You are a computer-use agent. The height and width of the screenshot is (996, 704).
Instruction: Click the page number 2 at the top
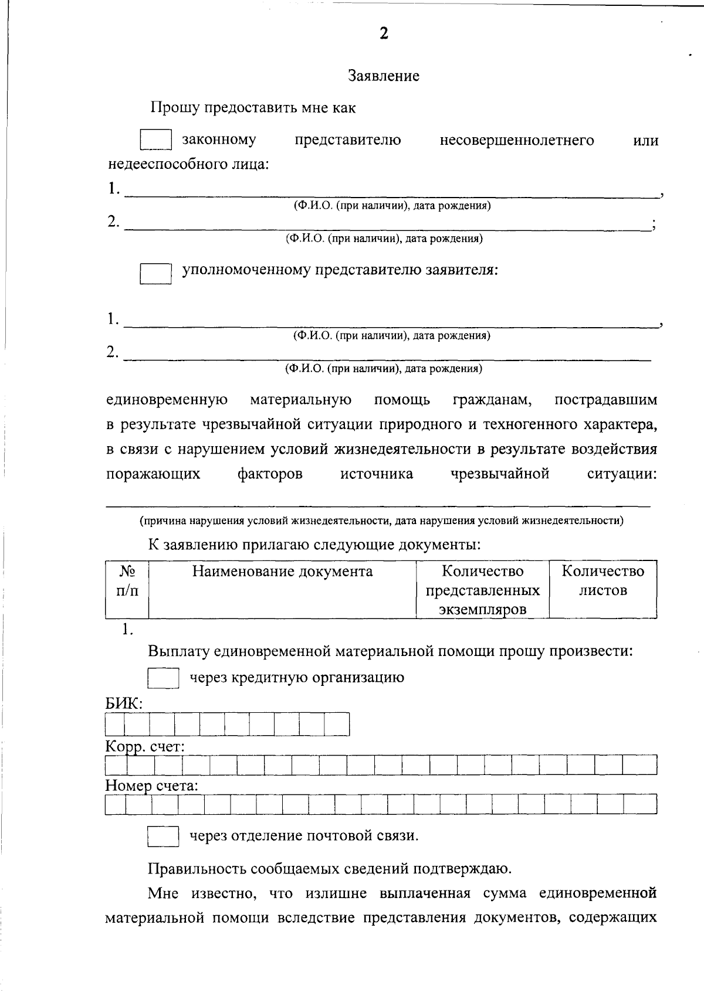[x=384, y=34]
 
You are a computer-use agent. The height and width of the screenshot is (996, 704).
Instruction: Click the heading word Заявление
[x=384, y=76]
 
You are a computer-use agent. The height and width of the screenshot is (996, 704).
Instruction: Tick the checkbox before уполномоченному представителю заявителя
[x=155, y=273]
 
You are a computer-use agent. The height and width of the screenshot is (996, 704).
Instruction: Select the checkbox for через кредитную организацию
[x=163, y=678]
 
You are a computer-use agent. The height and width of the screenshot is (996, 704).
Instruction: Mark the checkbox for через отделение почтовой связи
[x=163, y=836]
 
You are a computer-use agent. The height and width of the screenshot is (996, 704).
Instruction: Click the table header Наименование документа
[x=282, y=572]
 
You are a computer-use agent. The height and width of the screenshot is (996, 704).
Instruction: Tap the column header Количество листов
[x=603, y=580]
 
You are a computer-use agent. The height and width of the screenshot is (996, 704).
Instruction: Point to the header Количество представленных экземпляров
[x=482, y=590]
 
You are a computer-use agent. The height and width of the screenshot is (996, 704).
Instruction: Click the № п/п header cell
[x=127, y=580]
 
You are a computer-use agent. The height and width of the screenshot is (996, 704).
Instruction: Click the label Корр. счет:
[x=145, y=747]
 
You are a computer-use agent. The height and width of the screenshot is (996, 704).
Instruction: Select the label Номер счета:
[x=151, y=786]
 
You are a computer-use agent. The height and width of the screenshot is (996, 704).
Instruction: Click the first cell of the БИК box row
[x=115, y=725]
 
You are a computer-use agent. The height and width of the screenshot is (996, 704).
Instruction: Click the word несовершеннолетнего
[x=516, y=141]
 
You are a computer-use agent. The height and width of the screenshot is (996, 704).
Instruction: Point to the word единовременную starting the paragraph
[x=167, y=400]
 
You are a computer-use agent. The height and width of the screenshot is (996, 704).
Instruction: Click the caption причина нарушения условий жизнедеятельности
[x=381, y=521]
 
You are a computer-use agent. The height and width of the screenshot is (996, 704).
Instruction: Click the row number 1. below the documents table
[x=127, y=630]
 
